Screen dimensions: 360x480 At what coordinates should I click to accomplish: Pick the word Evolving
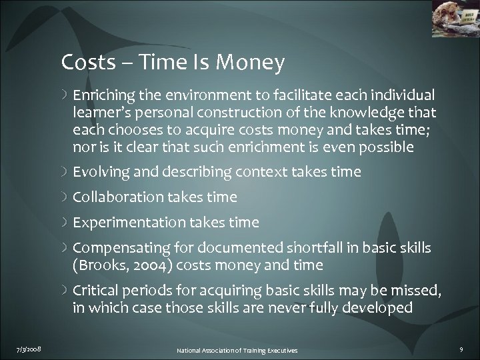click(x=100, y=172)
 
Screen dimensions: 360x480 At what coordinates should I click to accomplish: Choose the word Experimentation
click(x=121, y=223)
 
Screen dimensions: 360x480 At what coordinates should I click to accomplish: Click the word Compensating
click(x=114, y=248)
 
